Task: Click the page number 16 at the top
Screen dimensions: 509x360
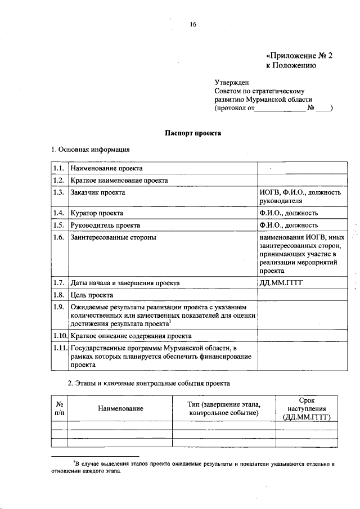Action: click(193, 24)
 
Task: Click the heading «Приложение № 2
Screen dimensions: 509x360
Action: click(299, 56)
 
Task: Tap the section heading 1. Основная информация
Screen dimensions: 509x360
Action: click(91, 150)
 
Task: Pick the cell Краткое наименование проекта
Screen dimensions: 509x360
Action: click(119, 181)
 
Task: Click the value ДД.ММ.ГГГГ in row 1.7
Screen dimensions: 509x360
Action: click(281, 283)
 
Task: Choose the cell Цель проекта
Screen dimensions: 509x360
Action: click(92, 295)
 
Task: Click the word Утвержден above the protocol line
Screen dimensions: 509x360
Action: click(231, 82)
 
